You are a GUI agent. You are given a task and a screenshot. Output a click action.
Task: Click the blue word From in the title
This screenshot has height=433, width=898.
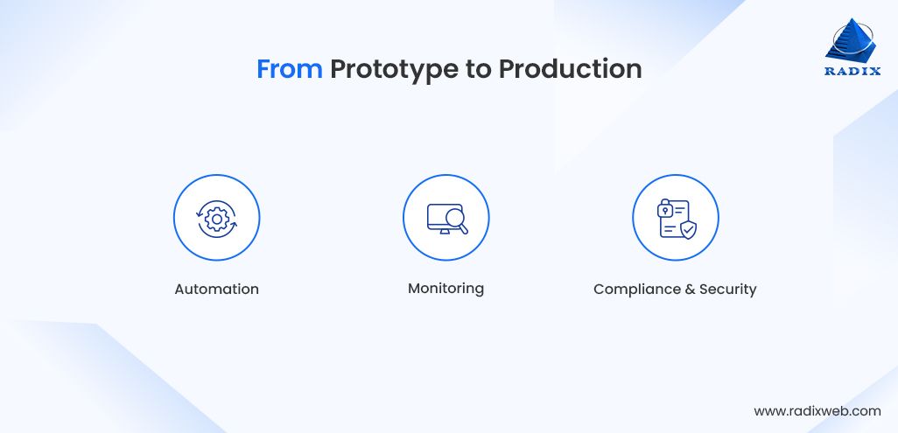pyautogui.click(x=289, y=69)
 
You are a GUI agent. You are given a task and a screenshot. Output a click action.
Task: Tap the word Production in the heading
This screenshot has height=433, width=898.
pyautogui.click(x=570, y=69)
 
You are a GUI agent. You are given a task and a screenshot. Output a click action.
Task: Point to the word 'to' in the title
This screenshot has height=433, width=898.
pyautogui.click(x=478, y=69)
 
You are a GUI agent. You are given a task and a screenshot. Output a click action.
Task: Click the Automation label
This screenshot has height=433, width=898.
pyautogui.click(x=216, y=290)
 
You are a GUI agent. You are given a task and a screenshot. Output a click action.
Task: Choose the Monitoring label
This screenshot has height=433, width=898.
pyautogui.click(x=445, y=288)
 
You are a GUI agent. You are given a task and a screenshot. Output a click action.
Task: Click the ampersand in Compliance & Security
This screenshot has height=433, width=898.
pyautogui.click(x=682, y=290)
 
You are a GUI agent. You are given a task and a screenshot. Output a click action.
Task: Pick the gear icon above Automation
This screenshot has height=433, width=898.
pyautogui.click(x=216, y=218)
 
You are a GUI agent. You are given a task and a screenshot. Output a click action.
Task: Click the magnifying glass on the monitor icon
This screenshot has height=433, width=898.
pyautogui.click(x=457, y=220)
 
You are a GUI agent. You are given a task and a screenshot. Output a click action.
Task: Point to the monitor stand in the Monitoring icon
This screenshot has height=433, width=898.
pyautogui.click(x=445, y=231)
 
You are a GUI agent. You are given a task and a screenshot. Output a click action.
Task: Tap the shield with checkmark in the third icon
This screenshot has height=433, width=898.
pyautogui.click(x=688, y=230)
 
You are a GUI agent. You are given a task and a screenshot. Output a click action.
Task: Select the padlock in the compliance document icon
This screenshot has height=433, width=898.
pyautogui.click(x=664, y=209)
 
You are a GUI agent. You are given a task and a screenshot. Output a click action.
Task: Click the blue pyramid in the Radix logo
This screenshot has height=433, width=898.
pyautogui.click(x=851, y=39)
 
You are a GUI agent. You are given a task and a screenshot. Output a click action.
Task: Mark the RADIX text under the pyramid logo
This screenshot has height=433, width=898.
pyautogui.click(x=852, y=72)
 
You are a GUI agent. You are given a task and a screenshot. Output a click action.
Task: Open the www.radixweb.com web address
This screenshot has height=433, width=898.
pyautogui.click(x=817, y=411)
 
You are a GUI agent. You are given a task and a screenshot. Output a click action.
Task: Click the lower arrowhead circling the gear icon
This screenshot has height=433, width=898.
pyautogui.click(x=233, y=224)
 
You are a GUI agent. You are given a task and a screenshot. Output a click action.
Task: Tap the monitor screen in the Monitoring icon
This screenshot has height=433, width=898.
pyautogui.click(x=441, y=216)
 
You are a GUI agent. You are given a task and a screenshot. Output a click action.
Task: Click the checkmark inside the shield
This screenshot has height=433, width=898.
pyautogui.click(x=688, y=230)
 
